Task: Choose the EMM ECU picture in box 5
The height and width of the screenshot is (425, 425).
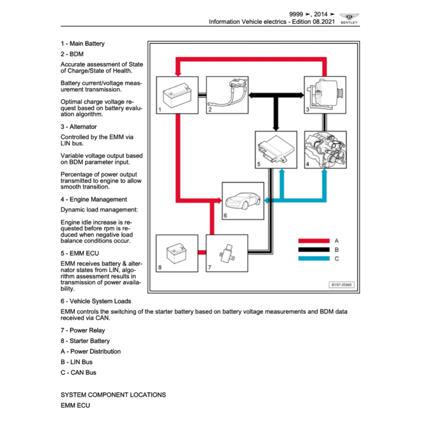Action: pyautogui.click(x=276, y=149)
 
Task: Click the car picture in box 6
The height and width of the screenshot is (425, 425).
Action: pyautogui.click(x=243, y=201)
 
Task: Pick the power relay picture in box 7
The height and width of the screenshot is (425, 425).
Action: pyautogui.click(x=227, y=253)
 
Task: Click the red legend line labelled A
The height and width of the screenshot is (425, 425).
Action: pyautogui.click(x=313, y=241)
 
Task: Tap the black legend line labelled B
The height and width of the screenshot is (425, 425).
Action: pyautogui.click(x=313, y=250)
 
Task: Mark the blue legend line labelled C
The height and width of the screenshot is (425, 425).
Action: pyautogui.click(x=313, y=259)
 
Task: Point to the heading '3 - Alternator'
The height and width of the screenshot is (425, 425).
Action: pyautogui.click(x=78, y=127)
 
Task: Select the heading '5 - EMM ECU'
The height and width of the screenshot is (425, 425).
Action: pyautogui.click(x=80, y=253)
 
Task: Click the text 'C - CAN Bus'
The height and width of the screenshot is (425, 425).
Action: pyautogui.click(x=78, y=372)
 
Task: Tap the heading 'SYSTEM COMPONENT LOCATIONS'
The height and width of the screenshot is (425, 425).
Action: pyautogui.click(x=113, y=395)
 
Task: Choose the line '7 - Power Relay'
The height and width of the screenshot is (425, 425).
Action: pyautogui.click(x=83, y=330)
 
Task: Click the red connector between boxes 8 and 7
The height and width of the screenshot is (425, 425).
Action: pyautogui.click(x=202, y=252)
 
